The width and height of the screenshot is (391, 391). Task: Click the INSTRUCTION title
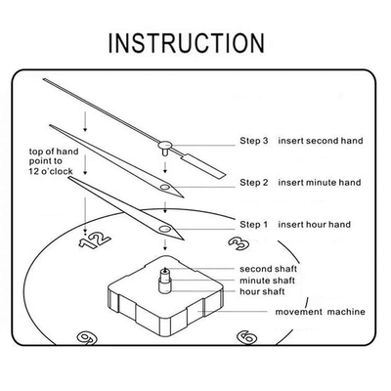[186, 43]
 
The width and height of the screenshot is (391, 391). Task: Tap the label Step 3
[254, 141]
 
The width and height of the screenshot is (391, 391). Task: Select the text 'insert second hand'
[321, 141]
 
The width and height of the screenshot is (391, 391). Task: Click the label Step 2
[254, 183]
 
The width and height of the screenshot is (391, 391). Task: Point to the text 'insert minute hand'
[320, 183]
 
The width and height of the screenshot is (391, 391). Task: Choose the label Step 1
[253, 225]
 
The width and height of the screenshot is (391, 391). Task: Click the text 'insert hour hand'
[315, 225]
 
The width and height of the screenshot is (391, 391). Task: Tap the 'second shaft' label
[268, 269]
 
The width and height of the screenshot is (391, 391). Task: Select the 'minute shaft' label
[267, 281]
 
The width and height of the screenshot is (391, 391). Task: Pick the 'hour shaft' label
[262, 291]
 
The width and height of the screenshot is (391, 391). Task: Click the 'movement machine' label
[320, 312]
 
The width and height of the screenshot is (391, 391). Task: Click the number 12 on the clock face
[95, 240]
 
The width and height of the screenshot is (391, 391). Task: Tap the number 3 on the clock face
[239, 243]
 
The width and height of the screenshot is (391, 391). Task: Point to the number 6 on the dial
[246, 337]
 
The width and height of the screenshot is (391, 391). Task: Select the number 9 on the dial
[87, 338]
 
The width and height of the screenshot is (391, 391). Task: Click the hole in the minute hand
[164, 187]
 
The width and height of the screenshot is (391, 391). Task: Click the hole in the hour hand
[164, 229]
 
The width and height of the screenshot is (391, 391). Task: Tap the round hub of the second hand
[165, 145]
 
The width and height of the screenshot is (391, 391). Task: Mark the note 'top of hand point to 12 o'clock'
[54, 161]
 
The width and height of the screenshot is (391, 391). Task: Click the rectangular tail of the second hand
[202, 166]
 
